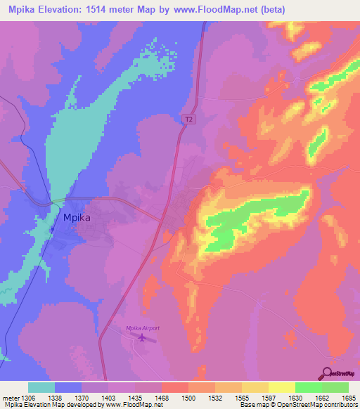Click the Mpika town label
tap(77, 217)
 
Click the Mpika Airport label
tap(143, 328)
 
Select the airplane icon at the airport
tap(143, 339)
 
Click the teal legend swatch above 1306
tap(41, 387)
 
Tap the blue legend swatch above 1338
tap(67, 387)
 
